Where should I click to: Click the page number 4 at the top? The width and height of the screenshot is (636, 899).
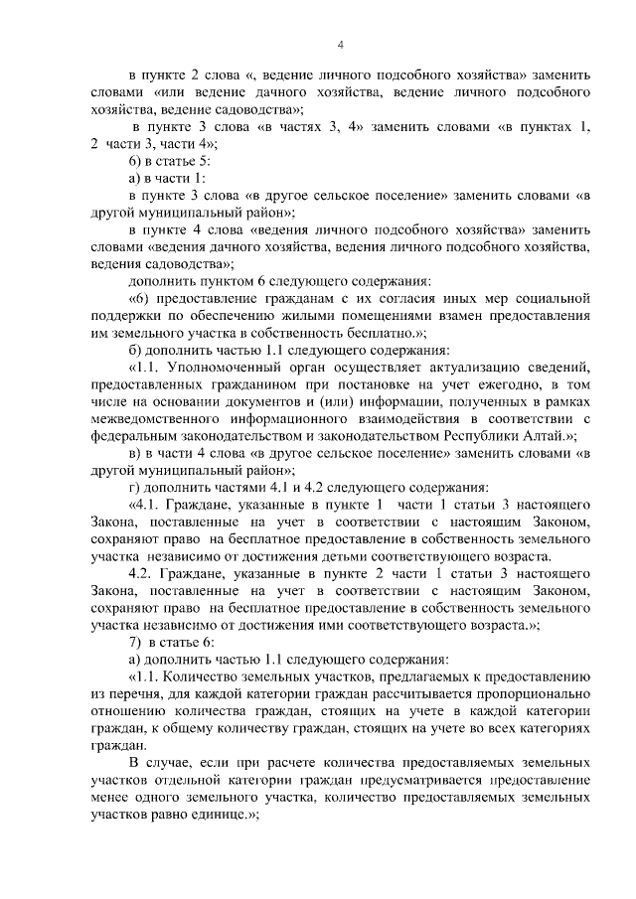click(x=341, y=45)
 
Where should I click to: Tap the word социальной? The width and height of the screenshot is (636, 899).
click(x=548, y=298)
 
